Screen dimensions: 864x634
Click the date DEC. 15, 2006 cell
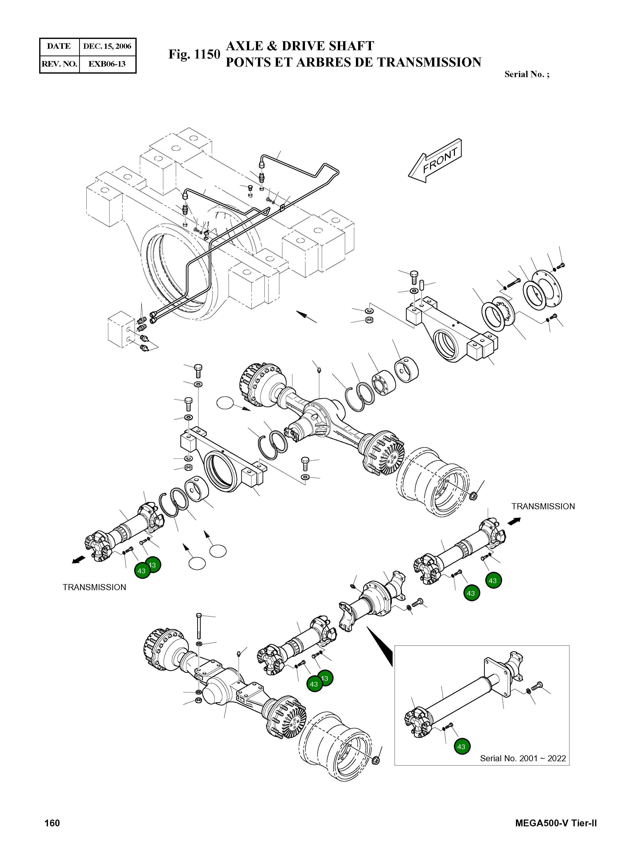(107, 46)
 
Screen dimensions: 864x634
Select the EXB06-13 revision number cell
(107, 64)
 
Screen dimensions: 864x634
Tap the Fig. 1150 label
(194, 55)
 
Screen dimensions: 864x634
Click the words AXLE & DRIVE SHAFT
(300, 46)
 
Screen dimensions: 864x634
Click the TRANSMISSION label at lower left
(94, 587)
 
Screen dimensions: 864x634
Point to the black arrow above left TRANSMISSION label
(79, 560)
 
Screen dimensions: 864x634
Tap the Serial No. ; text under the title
(526, 74)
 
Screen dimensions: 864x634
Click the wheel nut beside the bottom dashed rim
(376, 760)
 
